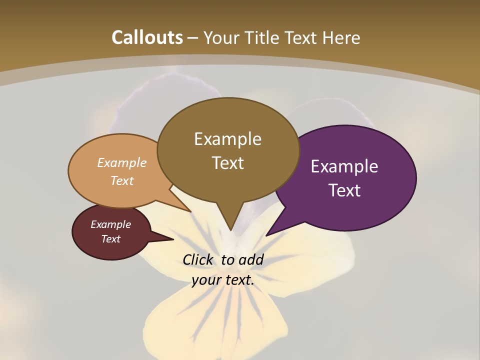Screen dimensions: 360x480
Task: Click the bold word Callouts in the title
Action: [x=147, y=37]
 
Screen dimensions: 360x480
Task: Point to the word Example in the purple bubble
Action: [x=344, y=166]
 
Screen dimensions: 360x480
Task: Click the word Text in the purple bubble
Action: [x=344, y=190]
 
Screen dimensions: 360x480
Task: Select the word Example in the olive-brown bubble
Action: [x=227, y=139]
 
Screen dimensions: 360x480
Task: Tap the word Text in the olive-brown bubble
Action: [x=227, y=163]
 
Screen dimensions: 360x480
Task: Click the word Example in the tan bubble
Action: [x=122, y=162]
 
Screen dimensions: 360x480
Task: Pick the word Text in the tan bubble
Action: [x=122, y=180]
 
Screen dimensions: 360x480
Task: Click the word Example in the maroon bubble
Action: [x=111, y=224]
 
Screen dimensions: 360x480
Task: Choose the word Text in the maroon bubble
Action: [x=111, y=239]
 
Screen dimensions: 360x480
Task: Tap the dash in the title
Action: [x=193, y=38]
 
